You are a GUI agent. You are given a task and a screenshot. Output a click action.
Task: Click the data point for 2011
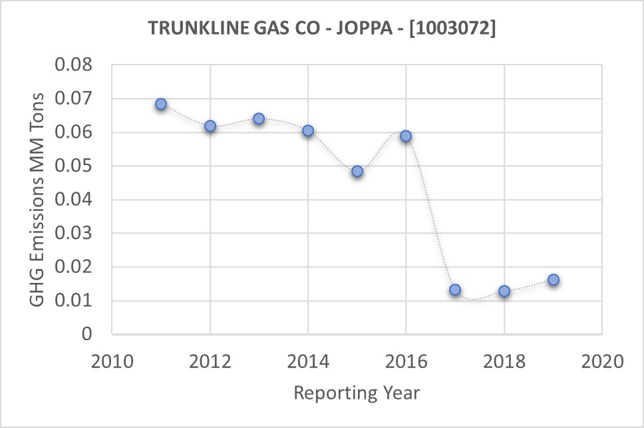(161, 105)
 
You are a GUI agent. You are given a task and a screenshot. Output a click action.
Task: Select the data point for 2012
(210, 126)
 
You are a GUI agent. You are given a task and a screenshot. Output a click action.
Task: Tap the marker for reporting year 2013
(259, 118)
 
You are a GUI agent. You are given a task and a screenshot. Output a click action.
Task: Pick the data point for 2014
(308, 130)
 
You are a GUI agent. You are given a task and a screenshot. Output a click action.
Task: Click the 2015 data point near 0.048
(357, 171)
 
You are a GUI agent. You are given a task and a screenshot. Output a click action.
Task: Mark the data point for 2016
(406, 136)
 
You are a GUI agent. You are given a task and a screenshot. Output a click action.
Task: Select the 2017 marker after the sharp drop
(455, 290)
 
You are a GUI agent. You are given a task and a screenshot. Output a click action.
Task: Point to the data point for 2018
(504, 291)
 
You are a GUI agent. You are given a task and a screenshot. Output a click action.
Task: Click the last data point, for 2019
(554, 280)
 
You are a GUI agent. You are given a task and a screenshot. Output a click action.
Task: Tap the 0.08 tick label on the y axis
(75, 65)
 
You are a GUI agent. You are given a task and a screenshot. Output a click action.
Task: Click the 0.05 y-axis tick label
(75, 166)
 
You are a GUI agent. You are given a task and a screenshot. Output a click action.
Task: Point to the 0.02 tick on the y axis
(75, 267)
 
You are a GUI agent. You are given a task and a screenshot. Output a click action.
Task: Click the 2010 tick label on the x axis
(112, 362)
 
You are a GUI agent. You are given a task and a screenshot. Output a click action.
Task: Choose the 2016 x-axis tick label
(406, 362)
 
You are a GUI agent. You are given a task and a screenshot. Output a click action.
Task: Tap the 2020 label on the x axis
(601, 362)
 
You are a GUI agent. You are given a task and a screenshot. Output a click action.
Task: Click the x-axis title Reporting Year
(357, 393)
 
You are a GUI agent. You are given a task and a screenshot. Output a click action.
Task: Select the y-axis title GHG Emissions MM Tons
(37, 199)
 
